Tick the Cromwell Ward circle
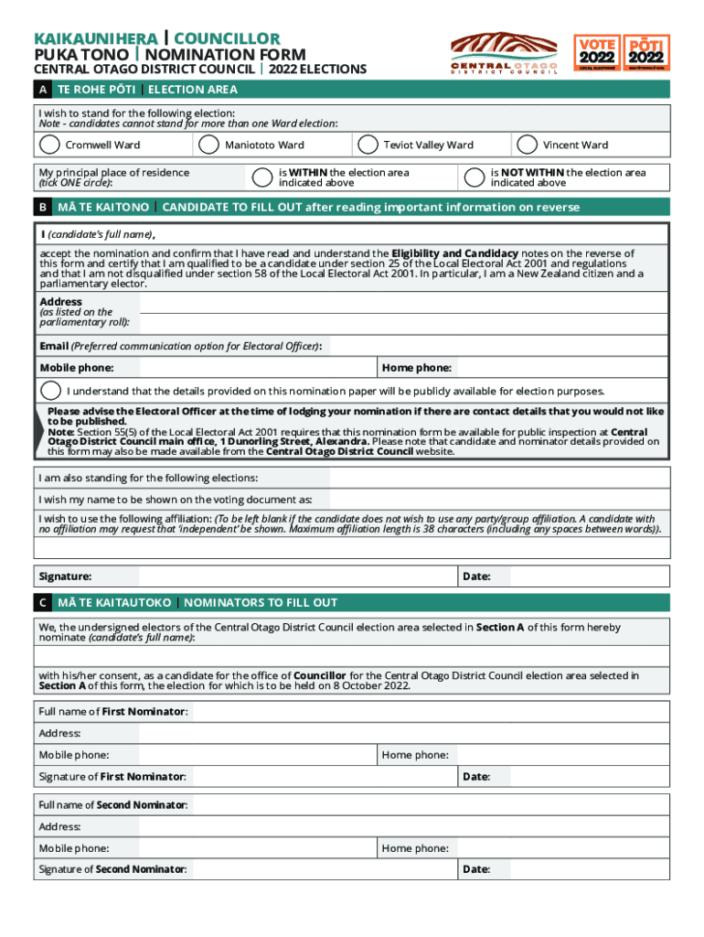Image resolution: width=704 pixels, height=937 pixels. (x=48, y=145)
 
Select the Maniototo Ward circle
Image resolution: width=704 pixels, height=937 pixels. (x=208, y=145)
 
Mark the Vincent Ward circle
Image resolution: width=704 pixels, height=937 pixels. (x=527, y=145)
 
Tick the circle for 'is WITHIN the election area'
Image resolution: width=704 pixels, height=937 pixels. (x=262, y=178)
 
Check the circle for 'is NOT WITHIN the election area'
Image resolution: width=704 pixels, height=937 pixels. (x=474, y=178)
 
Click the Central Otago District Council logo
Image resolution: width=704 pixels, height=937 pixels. (x=504, y=54)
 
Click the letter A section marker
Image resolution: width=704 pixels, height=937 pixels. (x=42, y=90)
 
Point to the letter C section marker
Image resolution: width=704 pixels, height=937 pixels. (x=42, y=603)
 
